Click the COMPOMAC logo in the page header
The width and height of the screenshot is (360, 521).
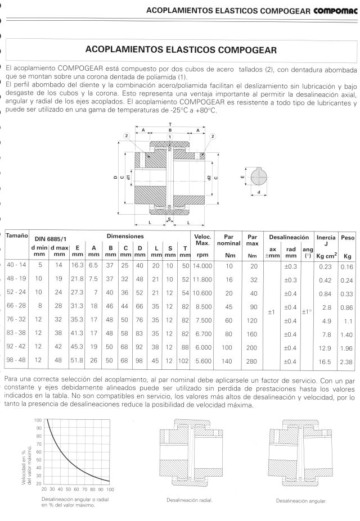(334, 10)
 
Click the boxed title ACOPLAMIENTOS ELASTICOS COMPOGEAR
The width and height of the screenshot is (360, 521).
(180, 49)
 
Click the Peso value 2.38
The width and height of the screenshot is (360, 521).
(346, 360)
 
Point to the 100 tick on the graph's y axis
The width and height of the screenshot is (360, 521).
(38, 420)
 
